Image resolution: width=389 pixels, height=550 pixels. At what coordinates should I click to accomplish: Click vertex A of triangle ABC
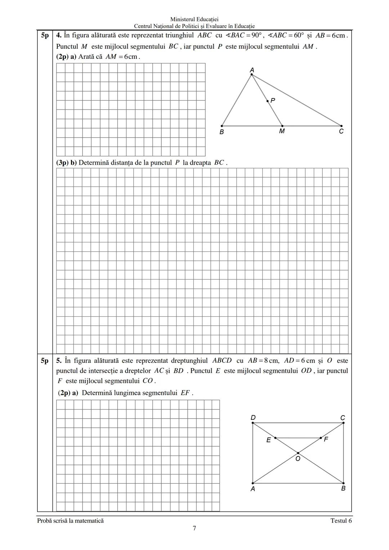pyautogui.click(x=251, y=74)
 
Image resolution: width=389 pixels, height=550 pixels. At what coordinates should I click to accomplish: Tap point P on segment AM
pyautogui.click(x=267, y=101)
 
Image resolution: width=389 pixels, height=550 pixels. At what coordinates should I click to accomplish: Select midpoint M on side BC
pyautogui.click(x=282, y=126)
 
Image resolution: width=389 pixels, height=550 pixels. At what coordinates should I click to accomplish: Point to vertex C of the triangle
pyautogui.click(x=341, y=126)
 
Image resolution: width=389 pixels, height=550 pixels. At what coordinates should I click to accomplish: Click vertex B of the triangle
pyautogui.click(x=222, y=126)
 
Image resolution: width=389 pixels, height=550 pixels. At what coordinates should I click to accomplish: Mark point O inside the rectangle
pyautogui.click(x=298, y=453)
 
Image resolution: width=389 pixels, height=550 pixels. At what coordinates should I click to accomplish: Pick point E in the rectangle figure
pyautogui.click(x=275, y=438)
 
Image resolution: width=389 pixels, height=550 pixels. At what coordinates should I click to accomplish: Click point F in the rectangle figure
pyautogui.click(x=321, y=438)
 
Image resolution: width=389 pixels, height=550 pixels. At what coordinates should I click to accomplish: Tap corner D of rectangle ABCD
pyautogui.click(x=252, y=423)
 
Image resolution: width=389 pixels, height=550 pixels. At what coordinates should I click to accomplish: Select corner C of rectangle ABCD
pyautogui.click(x=343, y=423)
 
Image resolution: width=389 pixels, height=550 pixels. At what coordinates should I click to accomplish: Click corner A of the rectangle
pyautogui.click(x=252, y=483)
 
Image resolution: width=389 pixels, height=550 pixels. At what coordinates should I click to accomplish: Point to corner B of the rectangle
pyautogui.click(x=343, y=483)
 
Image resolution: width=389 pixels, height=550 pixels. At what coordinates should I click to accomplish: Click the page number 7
pyautogui.click(x=194, y=528)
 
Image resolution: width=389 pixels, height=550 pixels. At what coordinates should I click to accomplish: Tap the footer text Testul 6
pyautogui.click(x=341, y=520)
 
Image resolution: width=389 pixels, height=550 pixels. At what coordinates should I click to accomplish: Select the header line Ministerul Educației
pyautogui.click(x=194, y=19)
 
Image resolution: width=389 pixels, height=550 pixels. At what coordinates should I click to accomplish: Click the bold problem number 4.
pyautogui.click(x=59, y=35)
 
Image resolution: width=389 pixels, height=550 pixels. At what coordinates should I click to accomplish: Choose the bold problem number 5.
pyautogui.click(x=59, y=361)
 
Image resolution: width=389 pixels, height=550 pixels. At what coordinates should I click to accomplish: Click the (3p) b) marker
pyautogui.click(x=66, y=162)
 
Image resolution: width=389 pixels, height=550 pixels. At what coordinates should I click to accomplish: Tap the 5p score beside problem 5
pyautogui.click(x=45, y=361)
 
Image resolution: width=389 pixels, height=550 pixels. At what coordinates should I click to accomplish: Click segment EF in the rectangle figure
pyautogui.click(x=298, y=438)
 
